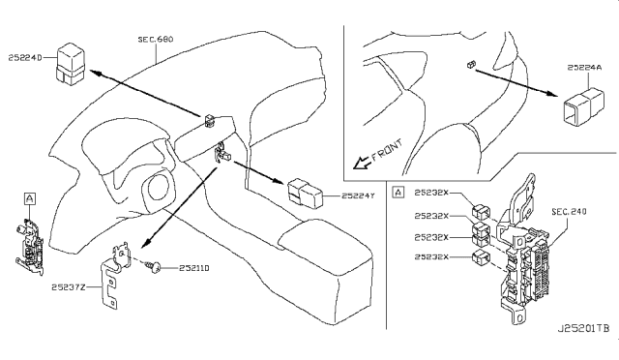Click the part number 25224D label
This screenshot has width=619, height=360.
point(25,58)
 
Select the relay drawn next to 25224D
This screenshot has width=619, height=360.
point(71,64)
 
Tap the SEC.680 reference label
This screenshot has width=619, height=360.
point(156,40)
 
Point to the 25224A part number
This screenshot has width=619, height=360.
point(584,68)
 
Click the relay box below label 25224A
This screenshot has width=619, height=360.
point(582,106)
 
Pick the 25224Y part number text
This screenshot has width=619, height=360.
point(358,195)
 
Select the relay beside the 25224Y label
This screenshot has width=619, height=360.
point(305,193)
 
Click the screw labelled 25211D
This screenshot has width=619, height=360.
point(153,266)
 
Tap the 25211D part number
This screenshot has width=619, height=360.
point(193,268)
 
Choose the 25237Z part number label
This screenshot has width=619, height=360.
point(69,287)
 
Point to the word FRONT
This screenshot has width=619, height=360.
point(387,149)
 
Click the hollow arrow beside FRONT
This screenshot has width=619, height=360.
point(362,163)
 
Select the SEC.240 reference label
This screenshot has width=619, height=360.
point(569,212)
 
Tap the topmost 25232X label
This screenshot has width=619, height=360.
point(431,193)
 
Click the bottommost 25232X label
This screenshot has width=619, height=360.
point(431,256)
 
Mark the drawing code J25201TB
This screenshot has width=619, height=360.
point(583,328)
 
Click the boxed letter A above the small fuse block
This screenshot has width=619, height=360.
point(30,198)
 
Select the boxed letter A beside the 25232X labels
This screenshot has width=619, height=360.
point(398,193)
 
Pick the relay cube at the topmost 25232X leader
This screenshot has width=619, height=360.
point(481,212)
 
